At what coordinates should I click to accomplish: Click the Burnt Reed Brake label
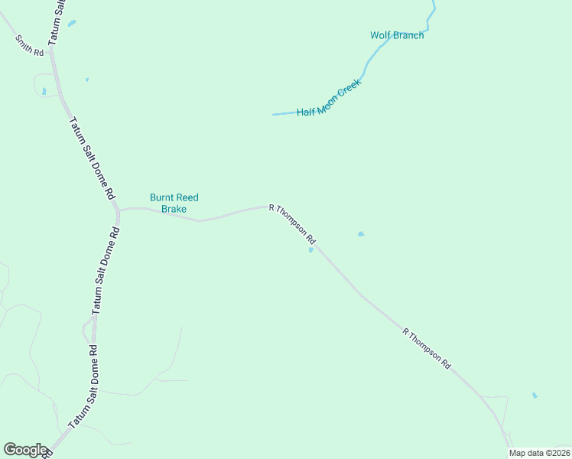[174, 203]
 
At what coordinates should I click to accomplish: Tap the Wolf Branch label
[397, 35]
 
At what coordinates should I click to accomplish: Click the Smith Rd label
[30, 48]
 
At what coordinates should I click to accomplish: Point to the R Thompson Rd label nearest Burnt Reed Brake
[292, 225]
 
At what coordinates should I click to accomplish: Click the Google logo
[25, 449]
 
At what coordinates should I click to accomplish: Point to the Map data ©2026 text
[539, 453]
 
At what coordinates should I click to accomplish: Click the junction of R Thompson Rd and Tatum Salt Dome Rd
[119, 208]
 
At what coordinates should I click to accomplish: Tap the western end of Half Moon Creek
[274, 115]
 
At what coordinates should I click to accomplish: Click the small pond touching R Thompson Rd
[310, 249]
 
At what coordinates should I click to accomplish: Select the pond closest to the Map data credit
[534, 396]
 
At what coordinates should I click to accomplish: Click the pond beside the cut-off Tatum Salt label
[72, 24]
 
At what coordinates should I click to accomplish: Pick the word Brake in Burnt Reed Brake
[174, 208]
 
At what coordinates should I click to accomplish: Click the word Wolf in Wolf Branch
[380, 35]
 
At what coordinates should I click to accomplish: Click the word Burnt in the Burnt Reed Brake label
[162, 197]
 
